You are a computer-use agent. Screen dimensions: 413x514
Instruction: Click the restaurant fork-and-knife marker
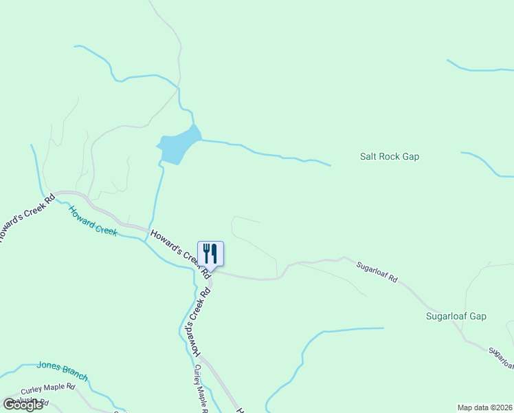[x=210, y=253]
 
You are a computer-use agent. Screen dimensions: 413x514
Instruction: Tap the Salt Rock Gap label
[x=390, y=157]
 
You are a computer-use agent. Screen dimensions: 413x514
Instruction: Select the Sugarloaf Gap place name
[x=456, y=317]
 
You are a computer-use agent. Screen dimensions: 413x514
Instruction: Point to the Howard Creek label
[x=93, y=221]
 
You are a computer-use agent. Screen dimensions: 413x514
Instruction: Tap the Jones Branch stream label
[x=62, y=371]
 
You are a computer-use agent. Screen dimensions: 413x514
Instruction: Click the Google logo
[x=23, y=405]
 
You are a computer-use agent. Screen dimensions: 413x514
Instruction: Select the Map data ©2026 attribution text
[x=485, y=407]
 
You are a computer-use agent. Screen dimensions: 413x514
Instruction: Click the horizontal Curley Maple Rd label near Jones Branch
[x=47, y=388]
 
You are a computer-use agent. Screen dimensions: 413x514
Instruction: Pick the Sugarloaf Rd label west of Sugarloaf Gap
[x=377, y=272]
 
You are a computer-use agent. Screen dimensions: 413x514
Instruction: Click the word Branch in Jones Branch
[x=74, y=374]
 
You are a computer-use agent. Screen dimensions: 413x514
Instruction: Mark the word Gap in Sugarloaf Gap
[x=477, y=317]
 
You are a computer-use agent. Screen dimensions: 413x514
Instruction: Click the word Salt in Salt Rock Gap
[x=368, y=157]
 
